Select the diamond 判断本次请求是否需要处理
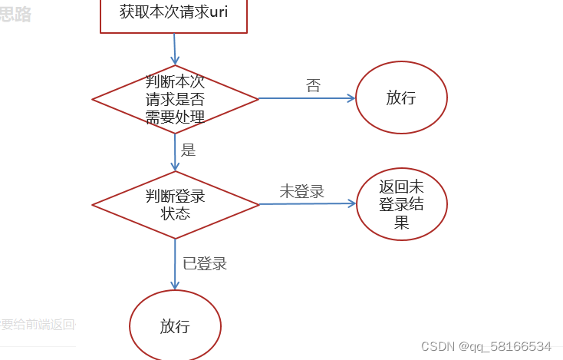[175, 99]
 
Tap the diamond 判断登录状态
[175, 204]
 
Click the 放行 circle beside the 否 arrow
[401, 98]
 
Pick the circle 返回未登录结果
[401, 204]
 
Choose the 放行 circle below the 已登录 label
[175, 325]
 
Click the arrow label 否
[313, 86]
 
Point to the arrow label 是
[188, 150]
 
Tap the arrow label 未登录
[301, 192]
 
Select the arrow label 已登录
[205, 264]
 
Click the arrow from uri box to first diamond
[175, 49]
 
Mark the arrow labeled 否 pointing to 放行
[307, 98]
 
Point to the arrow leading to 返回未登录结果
[307, 204]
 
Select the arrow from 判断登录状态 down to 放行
[175, 264]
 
